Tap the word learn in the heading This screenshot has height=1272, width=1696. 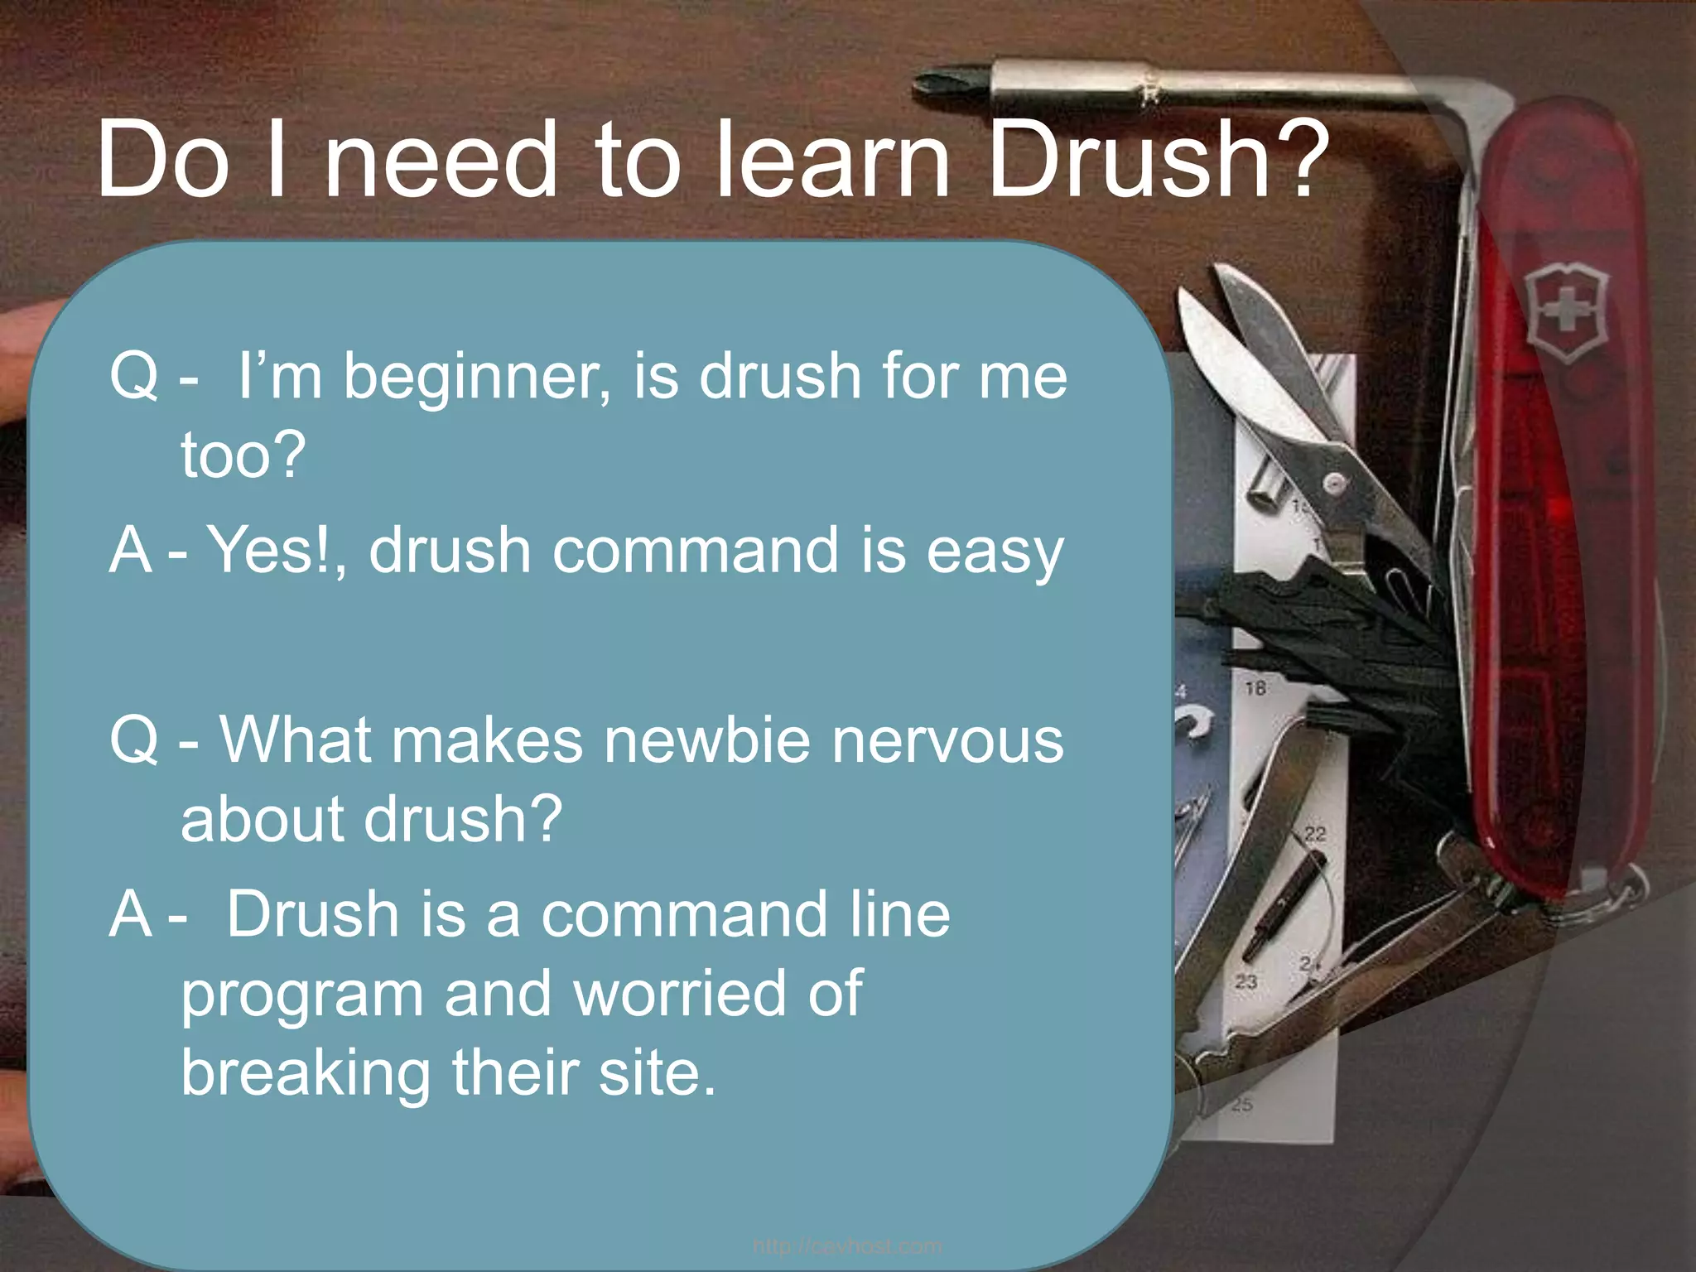pyautogui.click(x=831, y=159)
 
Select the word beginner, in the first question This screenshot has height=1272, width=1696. pyautogui.click(x=477, y=378)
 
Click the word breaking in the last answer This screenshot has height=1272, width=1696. pyautogui.click(x=306, y=1073)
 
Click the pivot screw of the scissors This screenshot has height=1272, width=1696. pyautogui.click(x=1333, y=482)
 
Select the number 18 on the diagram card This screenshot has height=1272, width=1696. pyautogui.click(x=1255, y=687)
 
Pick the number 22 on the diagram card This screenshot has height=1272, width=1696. pyautogui.click(x=1315, y=833)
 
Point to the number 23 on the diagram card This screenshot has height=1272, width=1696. pyautogui.click(x=1245, y=981)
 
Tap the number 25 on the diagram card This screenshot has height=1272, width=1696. pyautogui.click(x=1242, y=1104)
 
